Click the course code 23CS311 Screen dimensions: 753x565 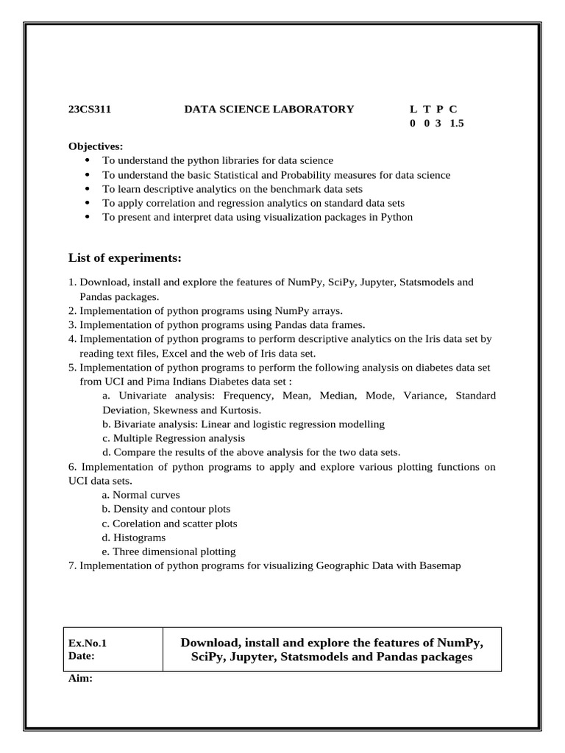89,109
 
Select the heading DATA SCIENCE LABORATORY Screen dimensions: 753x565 269,109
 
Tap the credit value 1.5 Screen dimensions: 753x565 457,124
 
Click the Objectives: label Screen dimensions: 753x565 96,146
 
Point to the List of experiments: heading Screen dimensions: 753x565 124,257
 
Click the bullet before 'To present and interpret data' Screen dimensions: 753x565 88,217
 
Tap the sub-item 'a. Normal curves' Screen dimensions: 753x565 141,495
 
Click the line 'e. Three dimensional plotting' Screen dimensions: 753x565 168,552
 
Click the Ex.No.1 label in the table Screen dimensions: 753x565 93,642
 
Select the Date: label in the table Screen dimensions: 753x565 82,655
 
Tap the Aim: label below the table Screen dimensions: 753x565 80,679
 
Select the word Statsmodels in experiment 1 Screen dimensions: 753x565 424,282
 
